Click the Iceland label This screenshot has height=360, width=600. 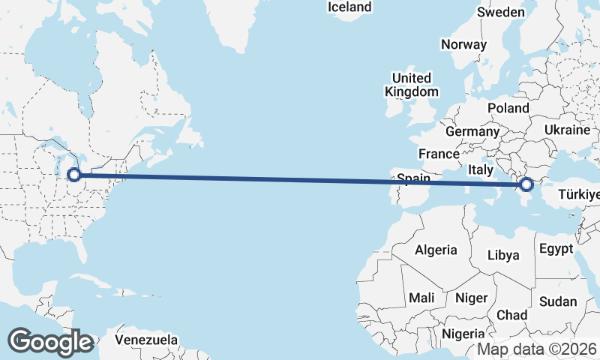349,7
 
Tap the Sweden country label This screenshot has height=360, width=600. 501,13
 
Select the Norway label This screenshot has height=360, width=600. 463,45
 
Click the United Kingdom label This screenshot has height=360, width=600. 412,85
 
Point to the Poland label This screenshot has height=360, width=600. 508,109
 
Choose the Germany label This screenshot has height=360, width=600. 472,132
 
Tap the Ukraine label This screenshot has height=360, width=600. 568,130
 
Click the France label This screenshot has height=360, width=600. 439,154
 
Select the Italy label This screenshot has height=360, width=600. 481,171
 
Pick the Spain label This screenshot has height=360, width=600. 413,179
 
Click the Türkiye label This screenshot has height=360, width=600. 577,196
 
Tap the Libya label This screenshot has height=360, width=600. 503,255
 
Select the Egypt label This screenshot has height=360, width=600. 556,249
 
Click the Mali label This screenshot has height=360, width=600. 421,298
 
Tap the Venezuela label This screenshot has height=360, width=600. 147,340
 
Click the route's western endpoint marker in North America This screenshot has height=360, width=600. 74,175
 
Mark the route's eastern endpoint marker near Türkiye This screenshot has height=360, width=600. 526,184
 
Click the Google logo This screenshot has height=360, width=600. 50,342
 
